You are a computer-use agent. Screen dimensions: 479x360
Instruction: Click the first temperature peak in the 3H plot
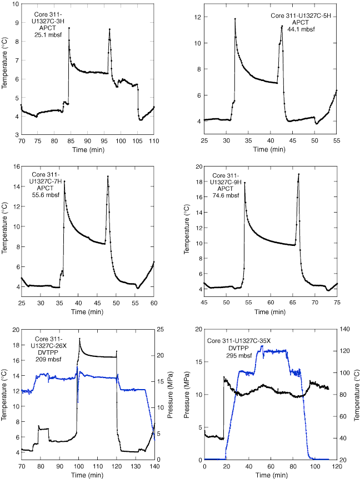tap(69, 28)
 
